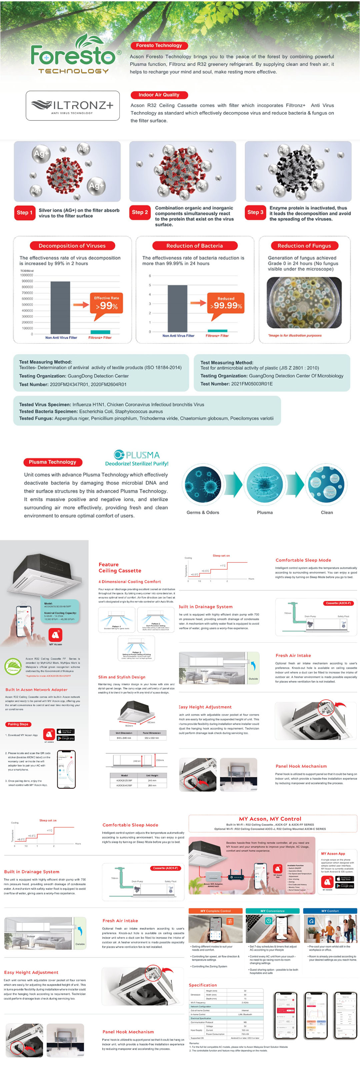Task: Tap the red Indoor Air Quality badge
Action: tap(159, 95)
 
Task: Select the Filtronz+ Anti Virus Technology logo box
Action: tap(73, 106)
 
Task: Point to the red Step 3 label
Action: tap(255, 212)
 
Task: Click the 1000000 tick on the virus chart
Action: tap(26, 275)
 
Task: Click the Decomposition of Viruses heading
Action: tap(72, 246)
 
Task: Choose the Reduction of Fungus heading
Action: tap(304, 246)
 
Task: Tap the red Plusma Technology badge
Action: tap(52, 462)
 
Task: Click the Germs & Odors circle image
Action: tap(203, 485)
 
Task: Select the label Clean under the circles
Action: tap(327, 512)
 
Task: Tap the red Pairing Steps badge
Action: tap(18, 724)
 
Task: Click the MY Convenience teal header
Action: tap(272, 911)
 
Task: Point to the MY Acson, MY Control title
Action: tap(270, 818)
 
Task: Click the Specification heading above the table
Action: tap(203, 985)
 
